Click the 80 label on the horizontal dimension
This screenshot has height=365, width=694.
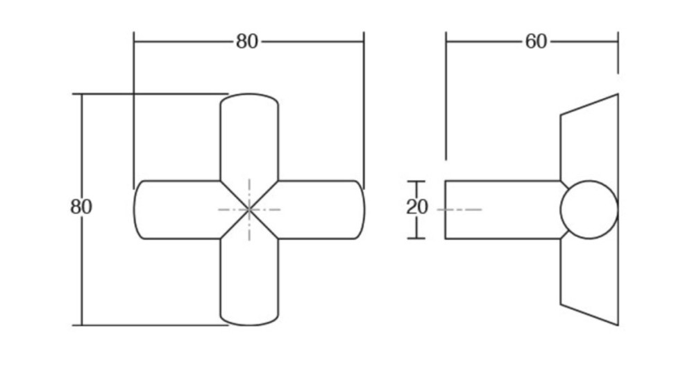[x=246, y=42]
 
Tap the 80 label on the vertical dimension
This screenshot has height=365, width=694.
[x=81, y=206]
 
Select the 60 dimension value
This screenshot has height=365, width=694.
[x=536, y=42]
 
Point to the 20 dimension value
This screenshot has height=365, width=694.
[x=417, y=207]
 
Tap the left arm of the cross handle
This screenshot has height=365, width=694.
[x=177, y=210]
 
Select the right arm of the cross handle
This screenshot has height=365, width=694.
[x=321, y=210]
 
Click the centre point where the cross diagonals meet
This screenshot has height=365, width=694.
[x=249, y=210]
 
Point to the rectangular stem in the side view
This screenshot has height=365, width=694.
[x=502, y=210]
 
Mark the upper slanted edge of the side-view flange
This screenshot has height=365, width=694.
[x=589, y=104]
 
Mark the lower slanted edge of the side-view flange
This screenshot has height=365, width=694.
[x=589, y=315]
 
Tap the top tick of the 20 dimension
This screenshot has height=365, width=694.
[x=416, y=181]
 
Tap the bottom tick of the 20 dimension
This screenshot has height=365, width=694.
[x=416, y=238]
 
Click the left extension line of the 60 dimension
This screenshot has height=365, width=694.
[x=446, y=95]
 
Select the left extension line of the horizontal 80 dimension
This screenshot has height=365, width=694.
[x=134, y=111]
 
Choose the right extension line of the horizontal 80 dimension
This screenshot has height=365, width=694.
[x=364, y=111]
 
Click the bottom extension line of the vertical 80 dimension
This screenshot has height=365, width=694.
[x=150, y=325]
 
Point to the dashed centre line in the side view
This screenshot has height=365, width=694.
[x=459, y=209]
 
